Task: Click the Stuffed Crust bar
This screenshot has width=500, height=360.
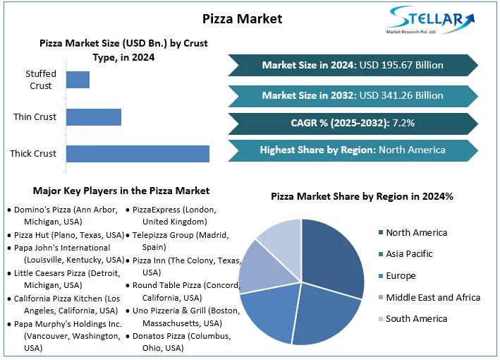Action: click(78, 79)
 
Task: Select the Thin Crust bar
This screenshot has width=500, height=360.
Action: click(94, 116)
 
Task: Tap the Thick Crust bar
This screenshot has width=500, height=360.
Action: click(138, 153)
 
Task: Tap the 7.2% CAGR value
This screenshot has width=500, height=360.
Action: click(405, 123)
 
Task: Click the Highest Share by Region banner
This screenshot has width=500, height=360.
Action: click(353, 150)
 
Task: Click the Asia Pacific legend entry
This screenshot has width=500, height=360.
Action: click(409, 254)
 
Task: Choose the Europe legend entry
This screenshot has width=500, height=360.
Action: click(401, 276)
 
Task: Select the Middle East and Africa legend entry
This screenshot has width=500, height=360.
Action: click(432, 297)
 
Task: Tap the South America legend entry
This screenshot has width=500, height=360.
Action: click(416, 319)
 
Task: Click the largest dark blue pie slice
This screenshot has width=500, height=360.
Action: click(333, 258)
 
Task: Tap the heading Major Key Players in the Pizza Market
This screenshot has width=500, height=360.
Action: click(121, 191)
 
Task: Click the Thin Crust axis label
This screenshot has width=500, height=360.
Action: click(35, 116)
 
